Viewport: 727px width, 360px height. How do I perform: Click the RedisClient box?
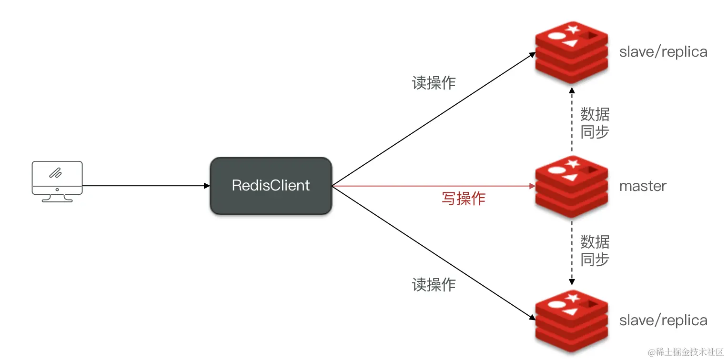271,186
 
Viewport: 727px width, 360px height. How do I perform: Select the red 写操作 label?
463,199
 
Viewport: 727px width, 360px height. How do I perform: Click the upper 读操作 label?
434,83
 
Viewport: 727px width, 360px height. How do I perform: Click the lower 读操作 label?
434,285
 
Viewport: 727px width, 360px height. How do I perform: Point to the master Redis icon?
572,187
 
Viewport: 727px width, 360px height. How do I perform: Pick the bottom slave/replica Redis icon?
572,321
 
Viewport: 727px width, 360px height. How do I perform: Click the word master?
643,186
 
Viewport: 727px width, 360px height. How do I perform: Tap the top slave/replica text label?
663,52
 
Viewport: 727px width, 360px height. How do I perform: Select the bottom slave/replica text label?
663,320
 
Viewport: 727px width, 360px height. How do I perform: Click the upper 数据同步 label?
595,123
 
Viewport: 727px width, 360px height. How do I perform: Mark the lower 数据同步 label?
595,250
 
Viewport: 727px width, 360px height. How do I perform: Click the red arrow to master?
429,186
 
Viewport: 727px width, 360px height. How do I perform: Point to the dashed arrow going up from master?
572,119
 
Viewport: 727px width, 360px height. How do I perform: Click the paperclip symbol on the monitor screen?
56,172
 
